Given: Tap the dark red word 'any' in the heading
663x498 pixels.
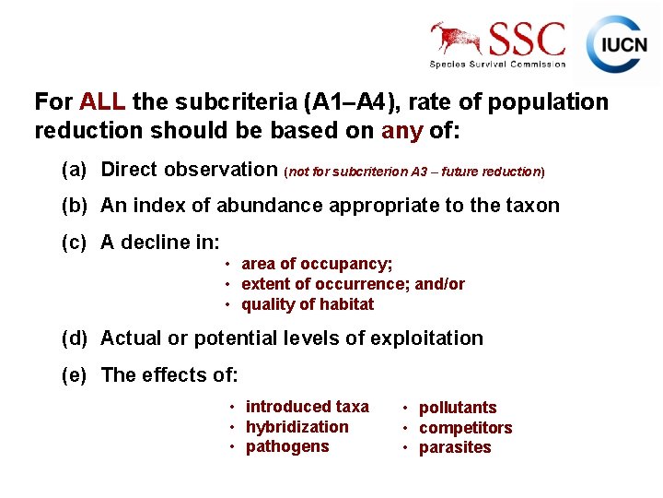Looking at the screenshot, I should pos(401,131).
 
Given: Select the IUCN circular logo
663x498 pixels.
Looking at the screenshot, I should pos(617,45).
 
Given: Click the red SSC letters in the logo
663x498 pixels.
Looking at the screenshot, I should pos(527,39).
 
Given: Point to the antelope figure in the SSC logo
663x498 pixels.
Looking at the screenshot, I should pos(458,39).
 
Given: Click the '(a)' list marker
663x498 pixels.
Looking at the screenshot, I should pos(74,170).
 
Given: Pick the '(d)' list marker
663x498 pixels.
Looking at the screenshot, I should pos(74,338).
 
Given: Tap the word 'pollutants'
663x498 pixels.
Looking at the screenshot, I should pos(458,408).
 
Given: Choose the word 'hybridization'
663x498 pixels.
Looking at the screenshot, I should pos(297,427).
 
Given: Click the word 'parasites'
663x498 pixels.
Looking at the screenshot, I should pos(455,448).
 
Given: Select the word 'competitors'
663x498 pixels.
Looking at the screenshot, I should pos(465,428).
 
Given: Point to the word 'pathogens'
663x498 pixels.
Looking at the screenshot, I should pos(287,447).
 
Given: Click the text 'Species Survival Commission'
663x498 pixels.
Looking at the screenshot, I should pos(497,65).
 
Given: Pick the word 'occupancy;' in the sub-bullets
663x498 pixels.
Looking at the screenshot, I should pos(351,265).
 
